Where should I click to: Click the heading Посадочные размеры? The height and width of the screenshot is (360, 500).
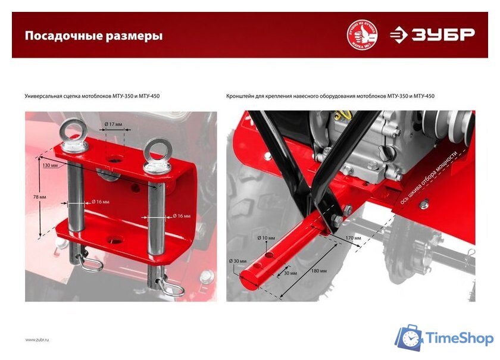click(x=93, y=36)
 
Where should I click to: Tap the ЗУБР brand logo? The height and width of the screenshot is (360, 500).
click(x=432, y=35)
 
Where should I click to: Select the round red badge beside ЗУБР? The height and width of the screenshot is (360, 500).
click(x=362, y=35)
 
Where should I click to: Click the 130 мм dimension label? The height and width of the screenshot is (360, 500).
click(x=51, y=165)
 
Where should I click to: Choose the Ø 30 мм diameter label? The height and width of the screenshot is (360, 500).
click(x=237, y=261)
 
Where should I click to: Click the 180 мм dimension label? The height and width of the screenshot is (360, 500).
click(x=318, y=270)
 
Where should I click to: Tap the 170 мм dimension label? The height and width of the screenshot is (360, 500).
click(x=353, y=237)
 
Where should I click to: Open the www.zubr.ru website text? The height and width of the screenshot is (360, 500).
click(x=37, y=339)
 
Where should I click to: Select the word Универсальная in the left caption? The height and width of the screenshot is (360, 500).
click(x=43, y=96)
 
